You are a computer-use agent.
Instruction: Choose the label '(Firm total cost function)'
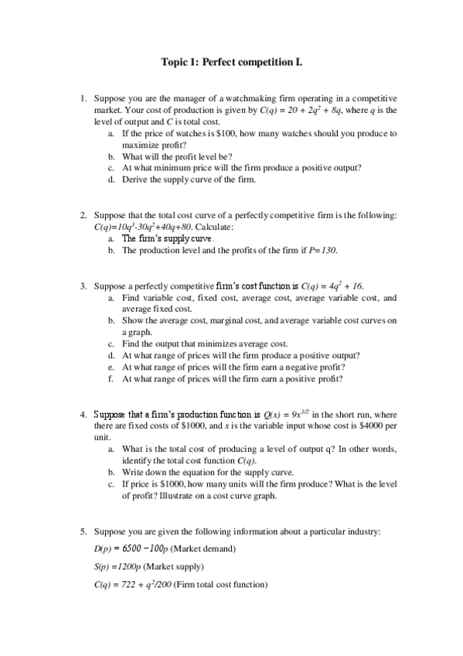point(220,585)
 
